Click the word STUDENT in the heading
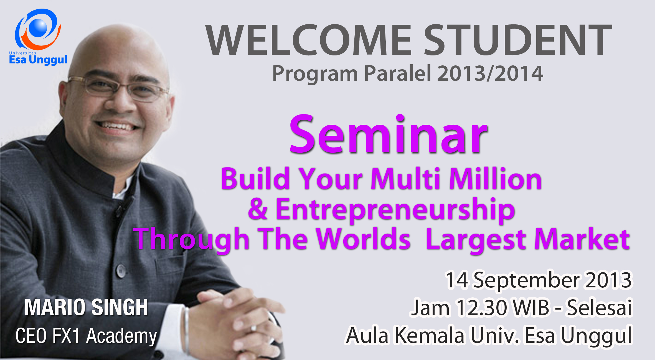click(518, 40)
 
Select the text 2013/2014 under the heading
click(490, 73)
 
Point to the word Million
click(495, 178)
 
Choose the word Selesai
click(599, 307)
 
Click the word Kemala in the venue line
click(429, 335)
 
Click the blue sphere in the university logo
click(38, 28)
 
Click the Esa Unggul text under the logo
click(38, 60)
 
